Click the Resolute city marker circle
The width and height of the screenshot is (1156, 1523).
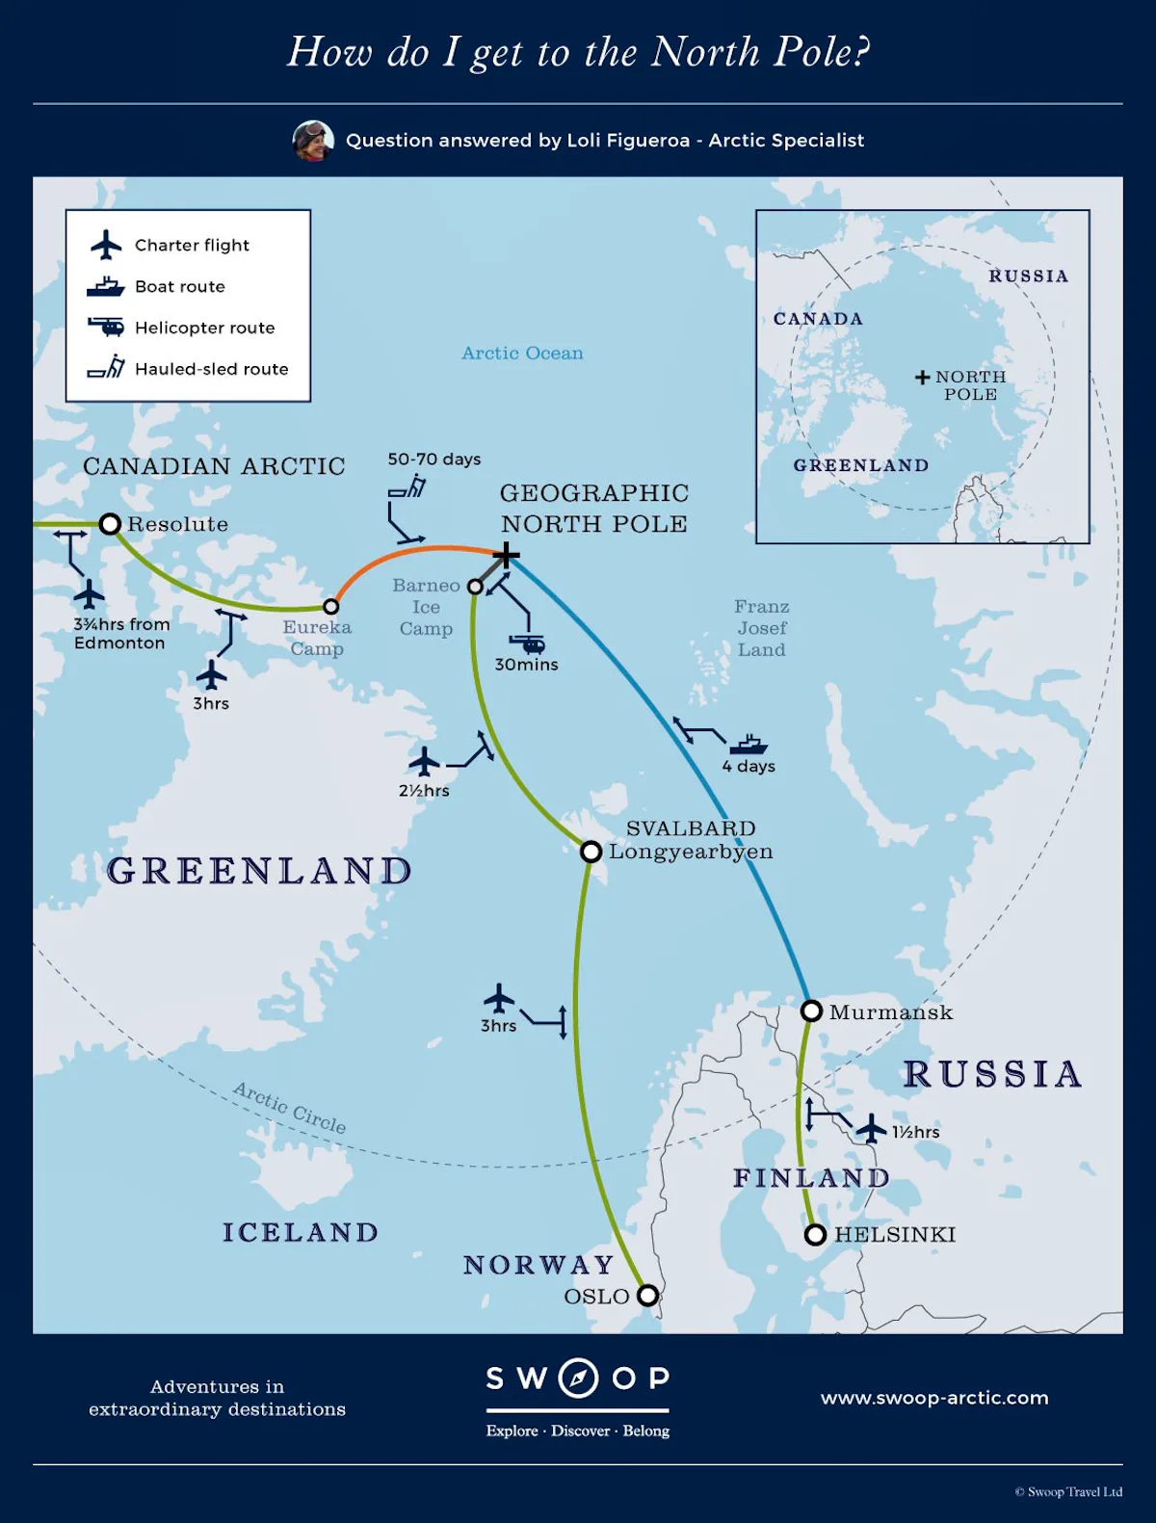[x=110, y=524]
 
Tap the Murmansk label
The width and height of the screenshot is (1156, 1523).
[x=890, y=1012]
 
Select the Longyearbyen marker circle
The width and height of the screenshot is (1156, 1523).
[x=591, y=852]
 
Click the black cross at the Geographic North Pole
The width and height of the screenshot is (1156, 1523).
[x=506, y=555]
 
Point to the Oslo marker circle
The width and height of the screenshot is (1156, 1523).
[x=648, y=1295]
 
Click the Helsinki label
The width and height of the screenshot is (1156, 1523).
[x=895, y=1235]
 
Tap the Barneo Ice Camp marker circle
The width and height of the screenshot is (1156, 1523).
[x=475, y=587]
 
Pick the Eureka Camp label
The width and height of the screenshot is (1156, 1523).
[x=317, y=638]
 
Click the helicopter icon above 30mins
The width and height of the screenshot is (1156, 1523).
[x=527, y=643]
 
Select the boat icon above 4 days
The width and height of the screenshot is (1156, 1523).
[x=749, y=745]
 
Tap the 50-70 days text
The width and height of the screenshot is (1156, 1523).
[x=433, y=460]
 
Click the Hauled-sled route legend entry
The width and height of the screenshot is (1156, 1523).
[x=211, y=369]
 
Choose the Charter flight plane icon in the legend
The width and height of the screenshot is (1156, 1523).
[x=106, y=245]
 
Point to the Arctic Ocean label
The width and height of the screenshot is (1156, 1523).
[x=522, y=354]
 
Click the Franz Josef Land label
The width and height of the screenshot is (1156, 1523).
[x=761, y=628]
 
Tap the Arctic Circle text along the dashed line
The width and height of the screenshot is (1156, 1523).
[x=289, y=1108]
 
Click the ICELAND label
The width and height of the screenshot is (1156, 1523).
[x=301, y=1233]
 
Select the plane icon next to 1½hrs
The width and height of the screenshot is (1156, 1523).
[x=871, y=1128]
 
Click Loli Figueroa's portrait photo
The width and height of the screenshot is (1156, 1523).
[x=313, y=141]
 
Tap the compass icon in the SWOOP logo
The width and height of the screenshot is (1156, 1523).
[x=578, y=1379]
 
